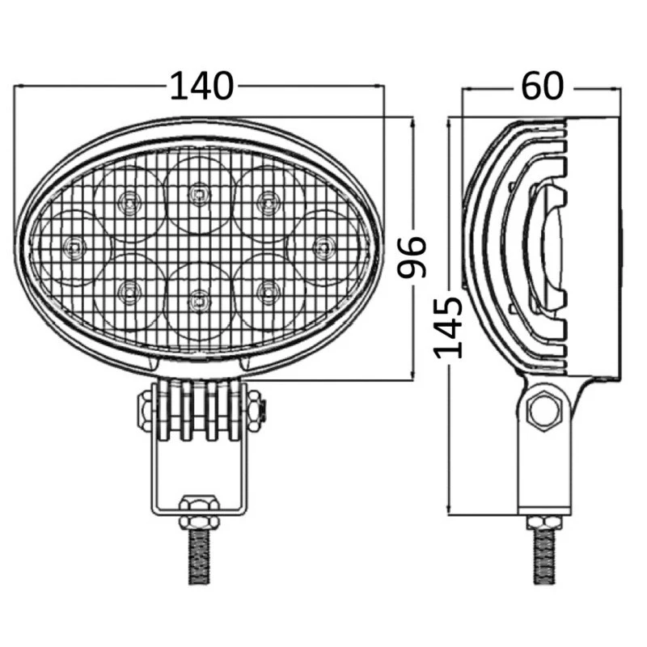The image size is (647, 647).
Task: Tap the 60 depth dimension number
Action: (541, 86)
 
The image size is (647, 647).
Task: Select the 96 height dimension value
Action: (412, 257)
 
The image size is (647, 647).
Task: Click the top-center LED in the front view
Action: (197, 192)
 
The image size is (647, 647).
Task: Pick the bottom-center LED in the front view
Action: (197, 301)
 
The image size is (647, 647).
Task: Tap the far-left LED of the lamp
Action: (74, 244)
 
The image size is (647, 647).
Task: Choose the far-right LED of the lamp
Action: (322, 244)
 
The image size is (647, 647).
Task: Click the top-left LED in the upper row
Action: (128, 200)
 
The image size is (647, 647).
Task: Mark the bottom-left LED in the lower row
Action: (128, 290)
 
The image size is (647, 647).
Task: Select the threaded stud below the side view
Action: (543, 555)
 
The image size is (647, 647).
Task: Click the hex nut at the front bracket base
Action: (198, 511)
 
